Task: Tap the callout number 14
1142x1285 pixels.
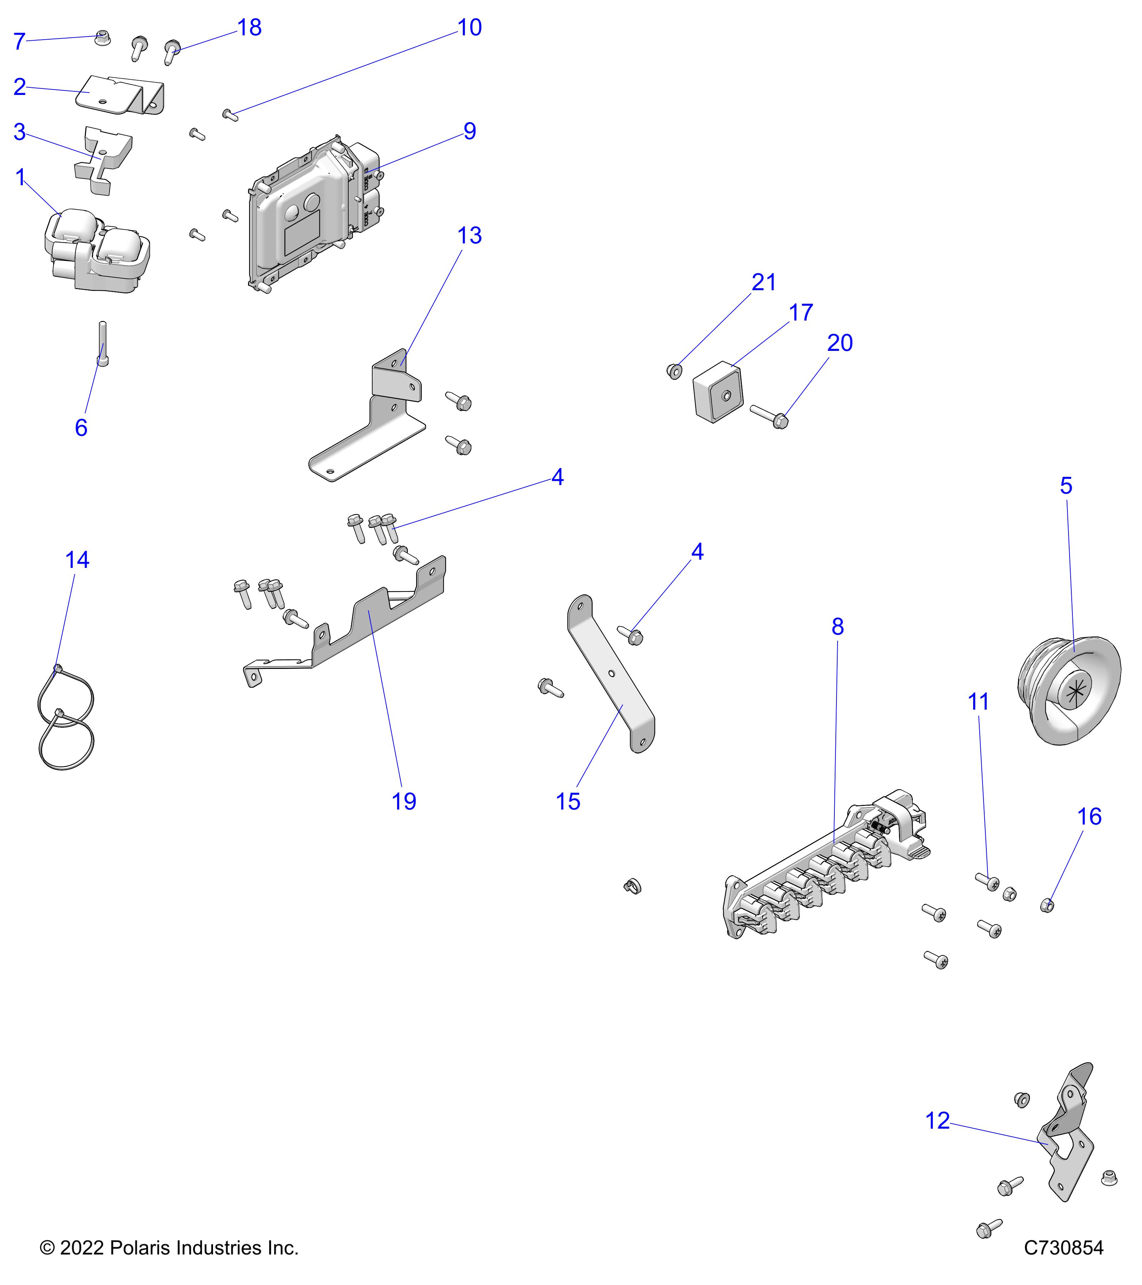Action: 77,560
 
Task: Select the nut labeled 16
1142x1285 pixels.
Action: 1047,905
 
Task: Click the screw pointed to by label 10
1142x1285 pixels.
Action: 230,115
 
